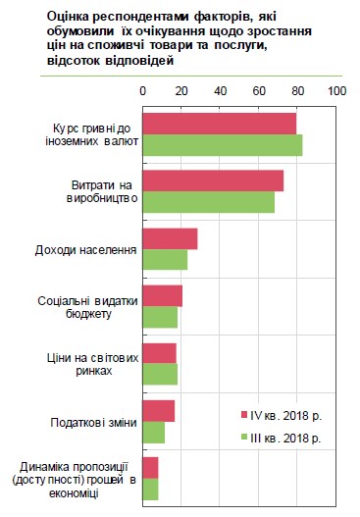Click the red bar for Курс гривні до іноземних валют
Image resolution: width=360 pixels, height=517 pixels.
pyautogui.click(x=220, y=124)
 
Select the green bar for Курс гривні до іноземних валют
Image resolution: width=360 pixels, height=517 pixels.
pyautogui.click(x=223, y=145)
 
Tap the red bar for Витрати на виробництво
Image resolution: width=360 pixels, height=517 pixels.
pyautogui.click(x=213, y=181)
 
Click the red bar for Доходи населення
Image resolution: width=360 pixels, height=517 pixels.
pyautogui.click(x=171, y=238)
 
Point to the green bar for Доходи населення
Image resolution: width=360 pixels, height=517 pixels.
pyautogui.click(x=165, y=259)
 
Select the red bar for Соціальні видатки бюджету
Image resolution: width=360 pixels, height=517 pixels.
pyautogui.click(x=163, y=295)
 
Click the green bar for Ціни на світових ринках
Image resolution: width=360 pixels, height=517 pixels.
pyautogui.click(x=161, y=374)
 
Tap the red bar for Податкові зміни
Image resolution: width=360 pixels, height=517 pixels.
pyautogui.click(x=159, y=410)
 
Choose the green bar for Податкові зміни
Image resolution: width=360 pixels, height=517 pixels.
pyautogui.click(x=154, y=431)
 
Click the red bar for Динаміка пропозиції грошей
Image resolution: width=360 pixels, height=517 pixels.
pyautogui.click(x=151, y=467)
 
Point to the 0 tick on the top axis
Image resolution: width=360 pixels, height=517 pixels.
pyautogui.click(x=143, y=90)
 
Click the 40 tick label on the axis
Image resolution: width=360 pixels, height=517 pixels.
pyautogui.click(x=221, y=90)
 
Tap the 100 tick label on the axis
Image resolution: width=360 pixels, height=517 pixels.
pyautogui.click(x=337, y=90)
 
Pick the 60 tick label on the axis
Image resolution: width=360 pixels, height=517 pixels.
pyautogui.click(x=260, y=90)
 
